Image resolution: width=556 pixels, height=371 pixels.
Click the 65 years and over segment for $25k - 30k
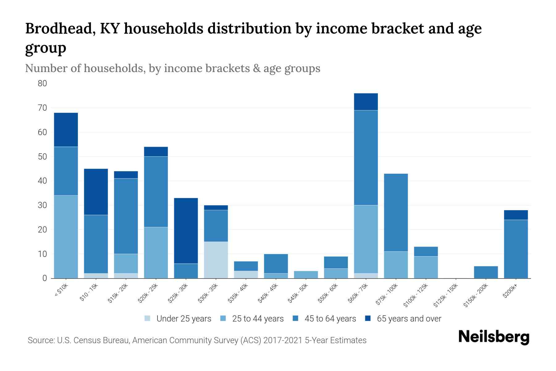coord(186,231)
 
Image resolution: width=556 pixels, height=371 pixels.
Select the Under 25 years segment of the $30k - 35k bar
coord(216,260)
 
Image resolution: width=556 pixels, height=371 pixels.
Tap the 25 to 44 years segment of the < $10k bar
coord(66,237)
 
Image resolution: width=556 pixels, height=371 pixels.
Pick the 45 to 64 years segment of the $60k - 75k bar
coord(366,158)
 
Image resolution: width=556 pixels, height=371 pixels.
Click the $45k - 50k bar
coord(306,275)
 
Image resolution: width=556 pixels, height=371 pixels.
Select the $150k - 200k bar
coord(486,272)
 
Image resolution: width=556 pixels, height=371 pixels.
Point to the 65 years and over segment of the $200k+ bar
coord(516,215)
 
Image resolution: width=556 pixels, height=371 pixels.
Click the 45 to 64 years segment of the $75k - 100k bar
coord(396,212)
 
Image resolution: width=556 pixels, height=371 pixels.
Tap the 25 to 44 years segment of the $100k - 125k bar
coord(426,267)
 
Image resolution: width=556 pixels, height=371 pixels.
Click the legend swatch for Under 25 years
coord(148,318)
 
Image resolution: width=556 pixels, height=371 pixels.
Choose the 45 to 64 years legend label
coord(330,319)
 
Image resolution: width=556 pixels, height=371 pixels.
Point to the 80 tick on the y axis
coord(42,83)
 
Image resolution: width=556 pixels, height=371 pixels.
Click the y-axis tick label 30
coord(42,205)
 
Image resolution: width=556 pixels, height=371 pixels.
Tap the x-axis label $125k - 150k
coord(446,296)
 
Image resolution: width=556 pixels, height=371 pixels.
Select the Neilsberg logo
coord(494,337)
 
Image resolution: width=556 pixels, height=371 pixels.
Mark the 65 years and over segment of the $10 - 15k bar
coord(96,192)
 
